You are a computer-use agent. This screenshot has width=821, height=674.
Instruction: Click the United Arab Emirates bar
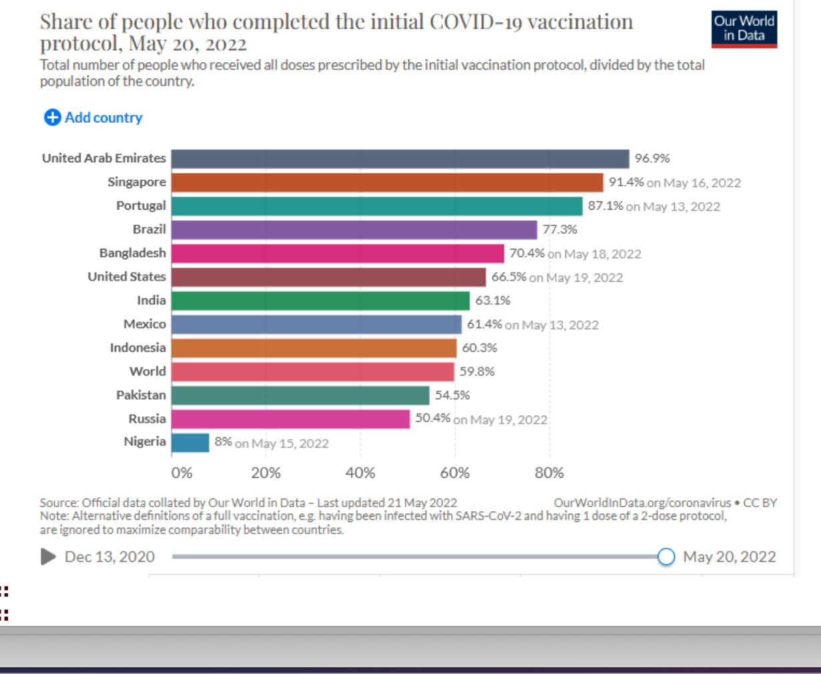pyautogui.click(x=400, y=159)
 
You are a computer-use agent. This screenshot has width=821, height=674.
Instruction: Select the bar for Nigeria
pyautogui.click(x=190, y=442)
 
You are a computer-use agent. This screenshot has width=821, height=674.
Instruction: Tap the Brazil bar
pyautogui.click(x=354, y=230)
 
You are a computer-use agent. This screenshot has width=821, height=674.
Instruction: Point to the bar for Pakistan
pyautogui.click(x=300, y=395)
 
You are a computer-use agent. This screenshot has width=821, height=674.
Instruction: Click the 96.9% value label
pyautogui.click(x=652, y=159)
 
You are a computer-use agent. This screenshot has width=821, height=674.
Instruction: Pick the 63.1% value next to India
pyautogui.click(x=493, y=300)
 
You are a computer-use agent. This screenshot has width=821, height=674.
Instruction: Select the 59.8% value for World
pyautogui.click(x=477, y=372)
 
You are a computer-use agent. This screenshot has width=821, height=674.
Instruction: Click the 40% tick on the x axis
pyautogui.click(x=360, y=473)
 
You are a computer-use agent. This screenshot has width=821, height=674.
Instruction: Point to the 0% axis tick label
pyautogui.click(x=182, y=473)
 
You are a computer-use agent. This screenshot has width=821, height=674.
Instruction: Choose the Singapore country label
pyautogui.click(x=137, y=182)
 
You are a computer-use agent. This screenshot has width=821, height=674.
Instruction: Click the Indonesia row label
pyautogui.click(x=138, y=348)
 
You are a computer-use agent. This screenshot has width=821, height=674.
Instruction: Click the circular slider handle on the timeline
pyautogui.click(x=666, y=557)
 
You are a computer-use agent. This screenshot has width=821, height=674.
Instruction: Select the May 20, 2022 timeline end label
pyautogui.click(x=729, y=557)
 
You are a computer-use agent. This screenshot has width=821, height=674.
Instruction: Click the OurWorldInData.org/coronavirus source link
pyautogui.click(x=642, y=502)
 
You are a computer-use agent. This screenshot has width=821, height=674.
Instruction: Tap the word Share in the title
pyautogui.click(x=65, y=22)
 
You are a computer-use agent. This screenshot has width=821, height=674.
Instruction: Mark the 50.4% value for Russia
pyautogui.click(x=433, y=418)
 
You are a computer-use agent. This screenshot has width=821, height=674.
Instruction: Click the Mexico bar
pyautogui.click(x=316, y=324)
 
